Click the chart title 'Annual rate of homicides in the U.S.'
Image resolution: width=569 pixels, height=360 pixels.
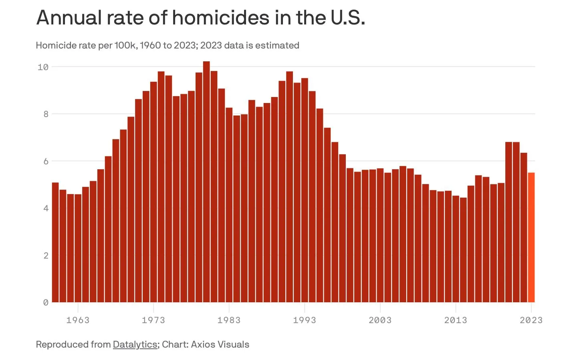pyautogui.click(x=200, y=18)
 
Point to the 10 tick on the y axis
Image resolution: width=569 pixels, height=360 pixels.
pyautogui.click(x=43, y=67)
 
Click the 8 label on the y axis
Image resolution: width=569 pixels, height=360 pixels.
pyautogui.click(x=46, y=114)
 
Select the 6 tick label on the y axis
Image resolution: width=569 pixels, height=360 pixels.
pyautogui.click(x=46, y=161)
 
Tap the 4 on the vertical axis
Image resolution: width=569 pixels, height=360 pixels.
pyautogui.click(x=46, y=208)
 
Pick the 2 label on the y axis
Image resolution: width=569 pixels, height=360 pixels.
pyautogui.click(x=46, y=255)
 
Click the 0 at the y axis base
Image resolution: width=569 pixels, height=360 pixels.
pyautogui.click(x=46, y=303)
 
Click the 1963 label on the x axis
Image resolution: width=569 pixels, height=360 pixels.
pyautogui.click(x=78, y=320)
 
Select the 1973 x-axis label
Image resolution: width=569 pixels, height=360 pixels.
pyautogui.click(x=153, y=320)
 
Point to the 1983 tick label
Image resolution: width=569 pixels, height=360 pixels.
pyautogui.click(x=229, y=320)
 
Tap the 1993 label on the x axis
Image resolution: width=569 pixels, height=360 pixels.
pyautogui.click(x=305, y=320)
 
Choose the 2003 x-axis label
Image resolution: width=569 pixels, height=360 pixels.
pyautogui.click(x=380, y=320)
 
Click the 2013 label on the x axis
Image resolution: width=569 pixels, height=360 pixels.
pyautogui.click(x=456, y=320)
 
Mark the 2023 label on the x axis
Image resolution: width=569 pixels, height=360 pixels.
pyautogui.click(x=531, y=320)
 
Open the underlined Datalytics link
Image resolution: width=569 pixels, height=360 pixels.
pyautogui.click(x=135, y=344)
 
